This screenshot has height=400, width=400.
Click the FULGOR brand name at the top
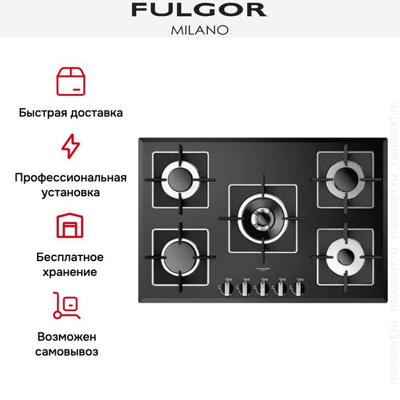click(x=199, y=10)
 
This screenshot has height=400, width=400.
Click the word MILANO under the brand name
click(x=199, y=29)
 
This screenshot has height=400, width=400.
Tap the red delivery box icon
click(x=71, y=81)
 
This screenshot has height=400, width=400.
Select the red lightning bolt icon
click(x=70, y=147)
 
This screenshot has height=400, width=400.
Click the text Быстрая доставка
click(x=71, y=113)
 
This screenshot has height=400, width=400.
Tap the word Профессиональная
click(x=71, y=177)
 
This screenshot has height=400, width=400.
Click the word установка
click(x=71, y=192)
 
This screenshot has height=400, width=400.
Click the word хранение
click(x=71, y=272)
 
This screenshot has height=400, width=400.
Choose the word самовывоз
click(x=71, y=351)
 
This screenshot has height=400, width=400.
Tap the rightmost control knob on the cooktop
click(x=297, y=288)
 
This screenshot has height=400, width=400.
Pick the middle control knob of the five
click(x=262, y=288)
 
